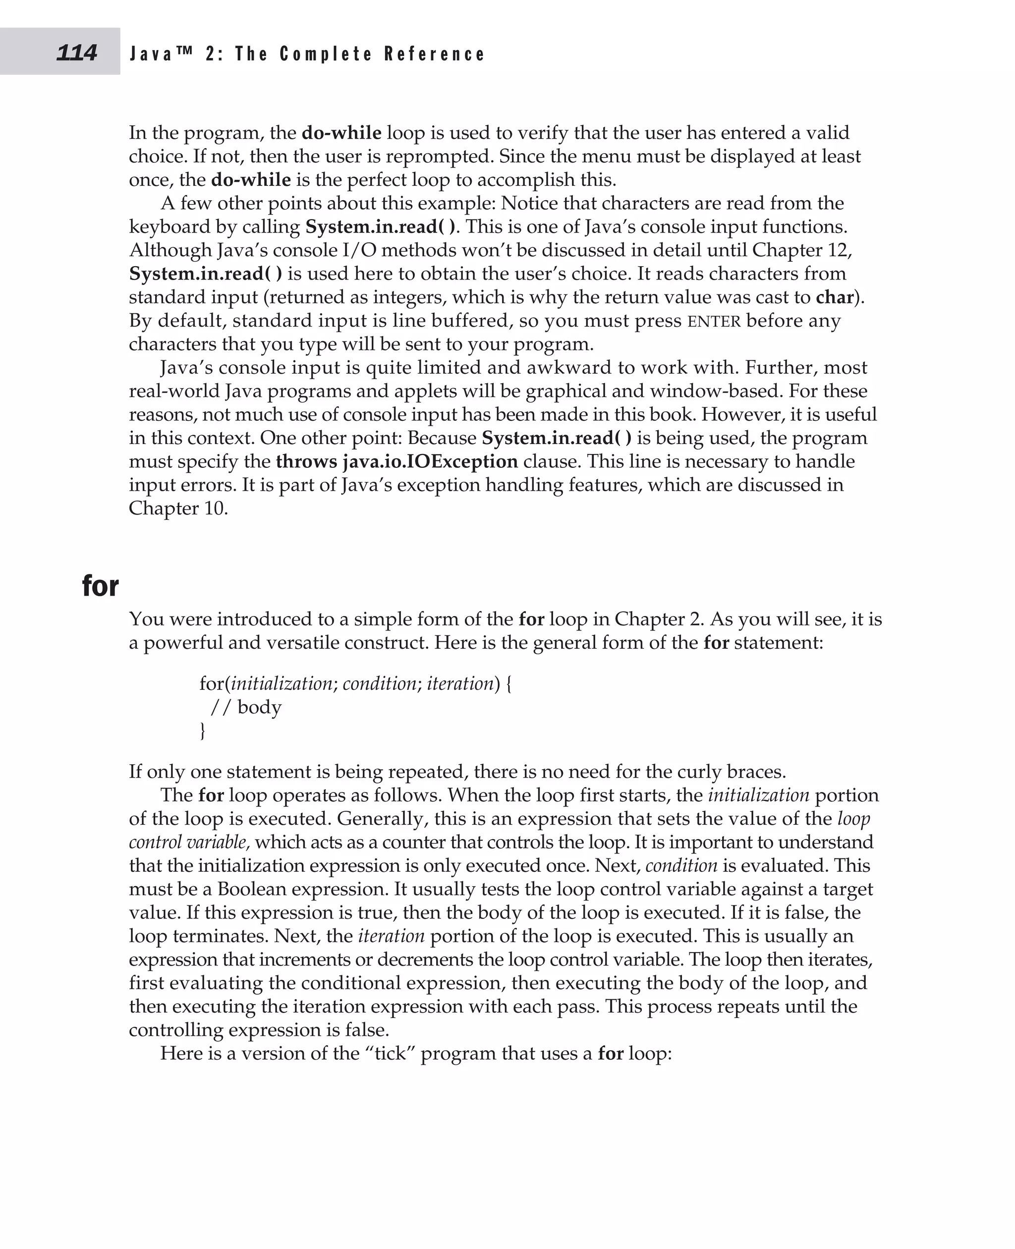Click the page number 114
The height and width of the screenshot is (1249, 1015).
(77, 53)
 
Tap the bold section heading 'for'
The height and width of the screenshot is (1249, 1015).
(100, 585)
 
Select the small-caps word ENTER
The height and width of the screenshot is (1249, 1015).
(714, 322)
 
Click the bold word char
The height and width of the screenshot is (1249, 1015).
(834, 298)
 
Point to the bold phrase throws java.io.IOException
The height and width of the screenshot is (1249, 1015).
(396, 462)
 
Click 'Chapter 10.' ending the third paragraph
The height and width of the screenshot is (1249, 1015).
(178, 509)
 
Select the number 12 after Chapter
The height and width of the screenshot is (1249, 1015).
(840, 250)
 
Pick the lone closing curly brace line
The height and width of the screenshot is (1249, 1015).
(203, 732)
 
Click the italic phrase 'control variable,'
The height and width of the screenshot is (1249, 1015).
(189, 843)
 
